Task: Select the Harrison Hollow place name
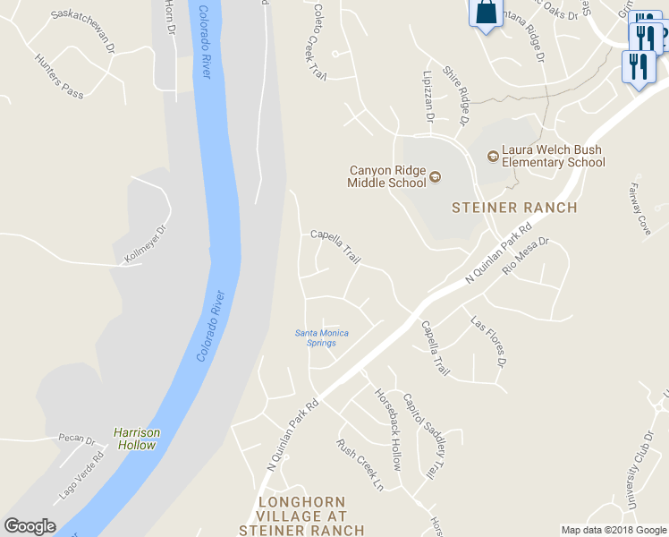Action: (x=137, y=439)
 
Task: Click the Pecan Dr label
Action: (x=76, y=439)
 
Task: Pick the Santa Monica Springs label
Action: (x=322, y=337)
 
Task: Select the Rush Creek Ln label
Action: (x=360, y=464)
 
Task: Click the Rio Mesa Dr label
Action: (x=525, y=255)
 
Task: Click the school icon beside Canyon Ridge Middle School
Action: (x=436, y=176)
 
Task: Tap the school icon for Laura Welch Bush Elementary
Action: (x=491, y=156)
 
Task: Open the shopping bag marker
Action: (x=485, y=13)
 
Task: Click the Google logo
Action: (x=30, y=526)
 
